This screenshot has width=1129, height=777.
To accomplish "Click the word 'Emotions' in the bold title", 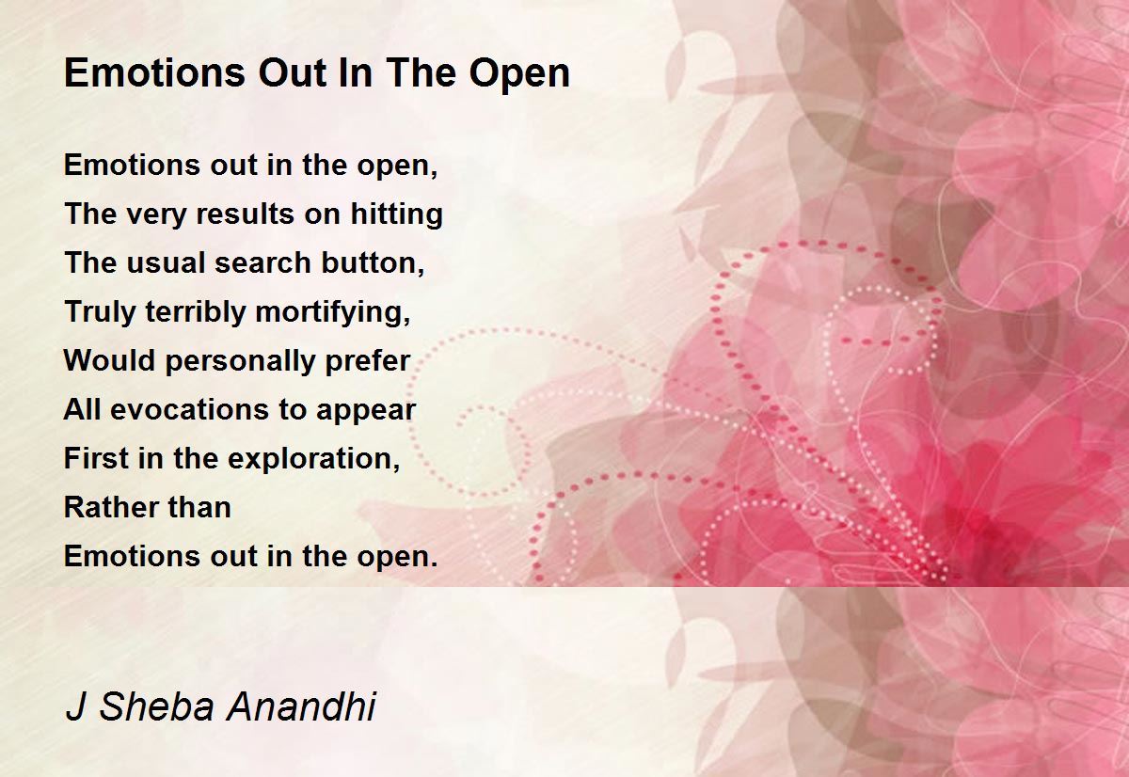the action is click(x=154, y=73).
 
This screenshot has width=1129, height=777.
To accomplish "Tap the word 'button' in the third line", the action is click(x=370, y=262).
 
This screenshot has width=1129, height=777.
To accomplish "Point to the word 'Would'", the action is click(x=109, y=360).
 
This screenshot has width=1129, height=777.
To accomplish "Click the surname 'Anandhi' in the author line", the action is click(x=301, y=706).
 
